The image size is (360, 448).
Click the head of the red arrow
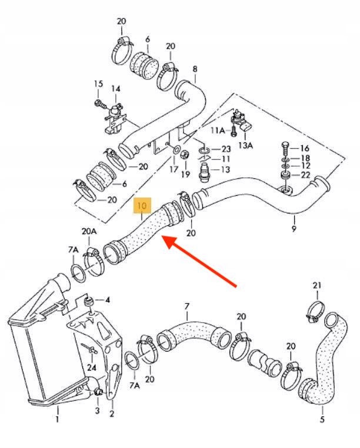(165, 239)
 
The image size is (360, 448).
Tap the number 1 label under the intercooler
(57, 419)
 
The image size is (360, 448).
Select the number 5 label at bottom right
(322, 419)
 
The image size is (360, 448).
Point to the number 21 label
(318, 286)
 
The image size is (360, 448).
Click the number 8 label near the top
(195, 68)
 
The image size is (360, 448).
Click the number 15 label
(98, 85)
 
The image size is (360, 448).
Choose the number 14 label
(116, 89)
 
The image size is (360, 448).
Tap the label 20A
(89, 232)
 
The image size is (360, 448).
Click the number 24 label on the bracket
(91, 367)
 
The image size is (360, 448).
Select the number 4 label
(107, 300)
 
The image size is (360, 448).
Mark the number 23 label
(226, 149)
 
